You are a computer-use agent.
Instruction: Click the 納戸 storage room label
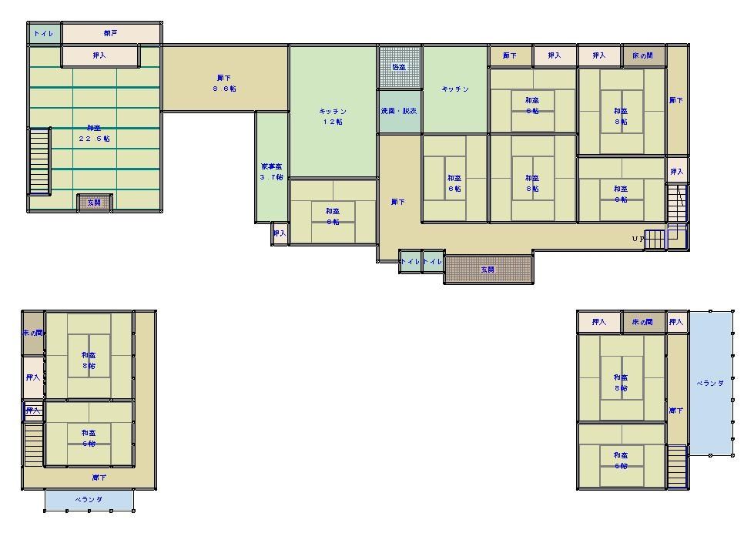(111, 34)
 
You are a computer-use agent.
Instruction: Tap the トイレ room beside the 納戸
(44, 34)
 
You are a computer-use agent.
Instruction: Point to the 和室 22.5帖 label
(94, 133)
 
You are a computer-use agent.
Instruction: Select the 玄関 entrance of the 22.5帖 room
(94, 203)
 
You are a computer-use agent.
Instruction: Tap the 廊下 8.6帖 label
(225, 83)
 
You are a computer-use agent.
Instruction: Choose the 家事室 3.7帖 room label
(271, 171)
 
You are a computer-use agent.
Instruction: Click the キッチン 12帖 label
(333, 117)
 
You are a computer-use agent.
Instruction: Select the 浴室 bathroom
(399, 67)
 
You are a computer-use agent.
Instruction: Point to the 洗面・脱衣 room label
(399, 111)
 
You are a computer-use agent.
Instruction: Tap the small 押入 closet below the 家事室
(279, 233)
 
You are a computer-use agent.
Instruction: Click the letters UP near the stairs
(638, 239)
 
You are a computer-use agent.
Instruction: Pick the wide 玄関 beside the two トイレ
(488, 270)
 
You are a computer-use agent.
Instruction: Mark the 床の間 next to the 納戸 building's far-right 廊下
(643, 55)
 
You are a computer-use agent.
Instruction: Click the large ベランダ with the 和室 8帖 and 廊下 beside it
(710, 383)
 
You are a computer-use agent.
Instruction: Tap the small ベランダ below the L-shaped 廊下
(89, 500)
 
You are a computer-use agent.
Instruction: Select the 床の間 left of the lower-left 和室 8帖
(32, 333)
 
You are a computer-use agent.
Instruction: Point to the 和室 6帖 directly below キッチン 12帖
(333, 216)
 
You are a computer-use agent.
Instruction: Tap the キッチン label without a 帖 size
(454, 89)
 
